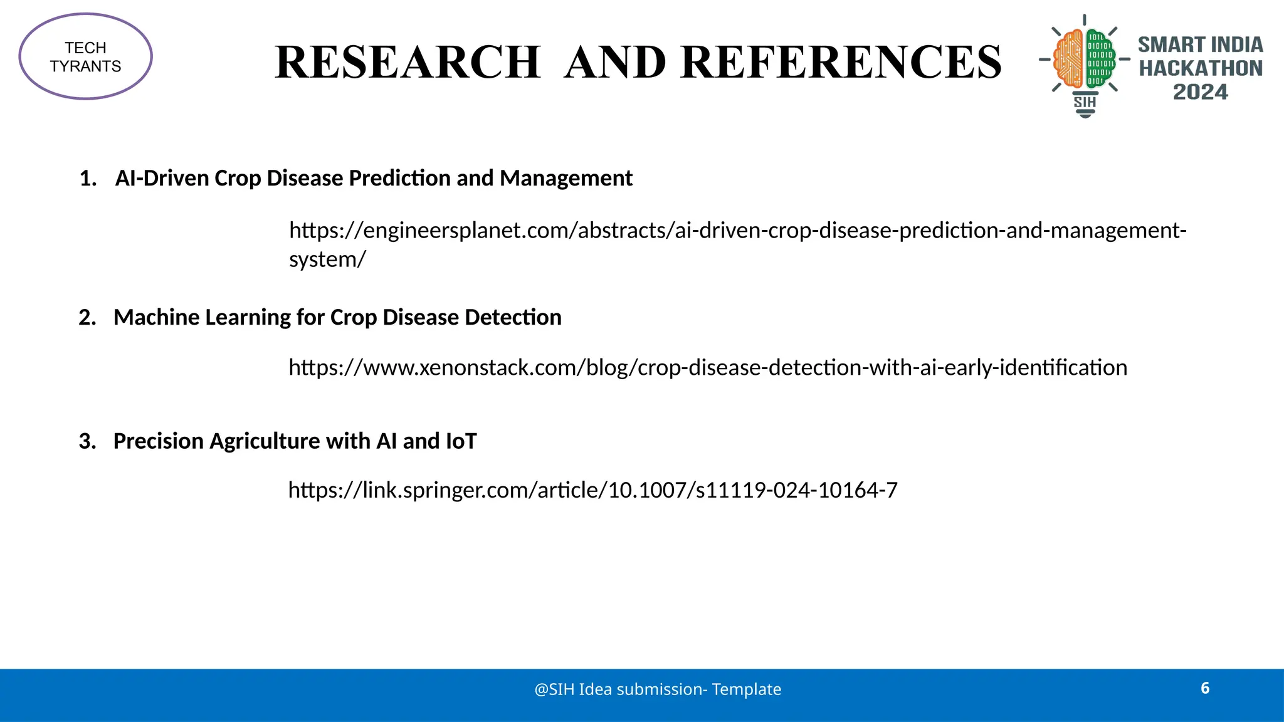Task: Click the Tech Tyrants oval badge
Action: point(86,56)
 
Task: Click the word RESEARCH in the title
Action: point(408,62)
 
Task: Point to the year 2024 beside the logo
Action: point(1200,92)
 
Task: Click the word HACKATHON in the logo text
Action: point(1200,68)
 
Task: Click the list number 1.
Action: point(88,179)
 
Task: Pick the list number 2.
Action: point(87,318)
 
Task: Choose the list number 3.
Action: point(87,441)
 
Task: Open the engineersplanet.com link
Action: point(737,231)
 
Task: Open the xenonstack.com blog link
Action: point(707,367)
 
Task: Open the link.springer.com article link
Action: point(592,490)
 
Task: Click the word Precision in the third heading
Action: point(159,441)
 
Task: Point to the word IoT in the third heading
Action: point(461,441)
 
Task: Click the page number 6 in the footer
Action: point(1205,688)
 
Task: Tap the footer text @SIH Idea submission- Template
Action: point(658,689)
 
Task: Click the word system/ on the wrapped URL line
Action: point(327,259)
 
